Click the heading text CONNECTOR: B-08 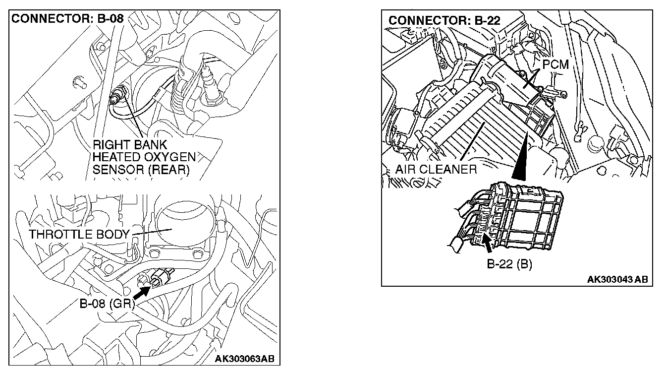[x=67, y=20]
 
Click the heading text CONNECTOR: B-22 [x=444, y=21]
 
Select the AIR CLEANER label [x=436, y=169]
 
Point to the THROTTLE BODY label [x=80, y=234]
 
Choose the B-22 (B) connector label [x=509, y=264]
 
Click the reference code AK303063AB [x=244, y=359]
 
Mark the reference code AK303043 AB [x=617, y=280]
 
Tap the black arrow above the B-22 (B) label [x=488, y=243]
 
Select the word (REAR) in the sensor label [x=171, y=170]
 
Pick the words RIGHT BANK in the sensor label [x=130, y=145]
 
